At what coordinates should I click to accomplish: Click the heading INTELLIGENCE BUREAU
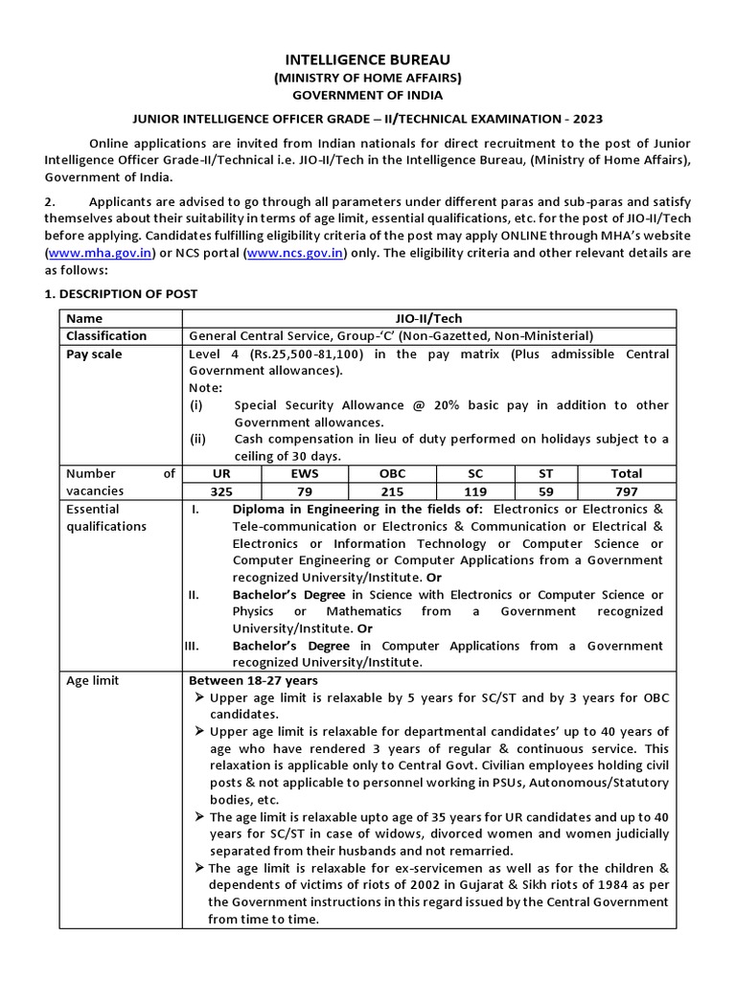(x=368, y=59)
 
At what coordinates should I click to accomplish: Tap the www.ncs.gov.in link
(x=294, y=253)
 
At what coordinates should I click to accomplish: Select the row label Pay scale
(x=95, y=354)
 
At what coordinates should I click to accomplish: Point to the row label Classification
(x=106, y=336)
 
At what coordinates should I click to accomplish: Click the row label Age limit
(x=93, y=681)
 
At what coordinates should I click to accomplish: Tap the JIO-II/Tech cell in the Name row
(x=428, y=318)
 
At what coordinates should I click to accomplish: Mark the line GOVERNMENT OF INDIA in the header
(x=368, y=95)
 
